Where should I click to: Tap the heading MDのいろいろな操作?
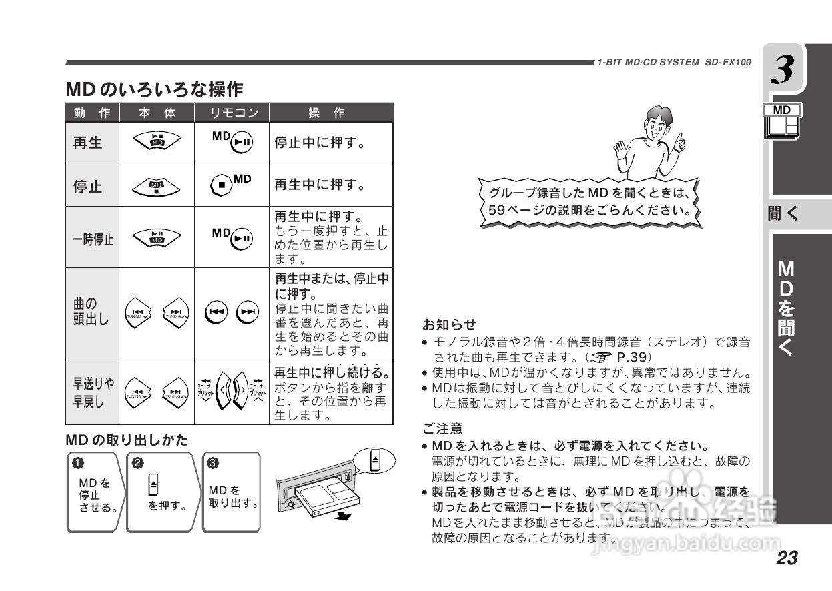tap(154, 88)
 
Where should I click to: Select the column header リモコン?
tap(231, 113)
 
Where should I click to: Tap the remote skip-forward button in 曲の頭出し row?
tap(248, 312)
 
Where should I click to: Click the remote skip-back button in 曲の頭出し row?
tap(216, 312)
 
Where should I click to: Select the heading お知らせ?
tap(449, 325)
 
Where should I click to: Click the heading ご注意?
tap(442, 428)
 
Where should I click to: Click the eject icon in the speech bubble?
tap(375, 460)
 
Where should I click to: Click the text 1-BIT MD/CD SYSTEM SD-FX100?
tap(674, 63)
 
